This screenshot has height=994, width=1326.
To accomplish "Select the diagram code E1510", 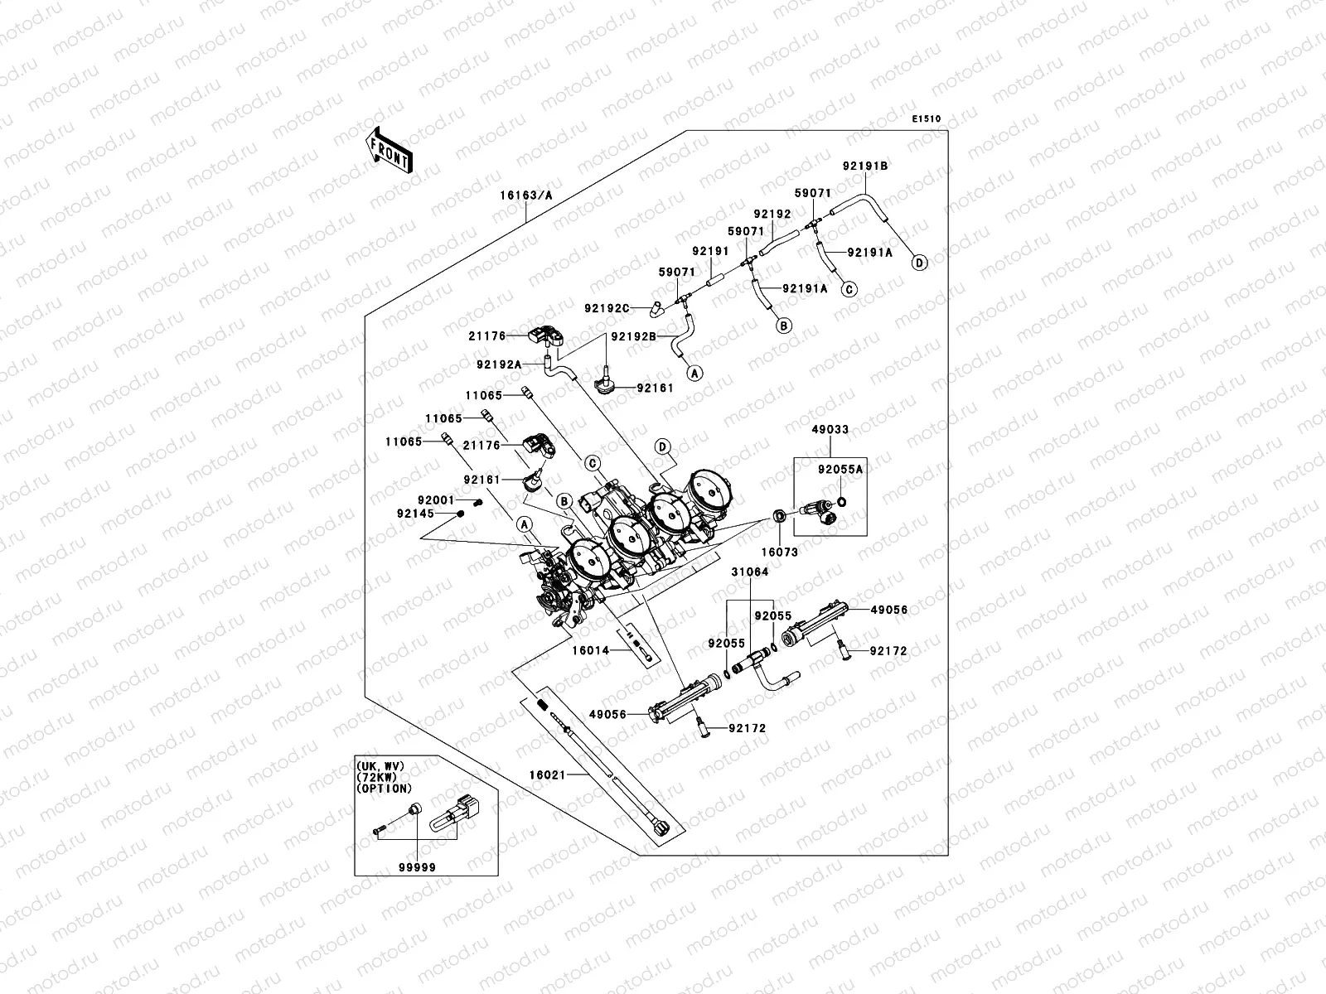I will [x=927, y=119].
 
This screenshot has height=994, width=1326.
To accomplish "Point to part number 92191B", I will [x=865, y=166].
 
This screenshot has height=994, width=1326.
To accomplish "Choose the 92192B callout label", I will [x=634, y=336].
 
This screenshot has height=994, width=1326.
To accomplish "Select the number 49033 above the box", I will [x=830, y=430].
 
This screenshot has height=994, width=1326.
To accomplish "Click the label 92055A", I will [x=840, y=469].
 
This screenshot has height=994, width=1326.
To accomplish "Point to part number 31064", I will [x=749, y=572].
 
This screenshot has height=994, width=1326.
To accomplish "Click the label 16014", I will [x=591, y=651].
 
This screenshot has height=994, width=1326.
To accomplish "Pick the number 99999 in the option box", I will [x=416, y=866].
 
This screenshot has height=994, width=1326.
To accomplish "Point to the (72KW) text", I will [x=375, y=778].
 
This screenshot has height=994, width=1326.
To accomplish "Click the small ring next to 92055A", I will [x=842, y=500].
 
